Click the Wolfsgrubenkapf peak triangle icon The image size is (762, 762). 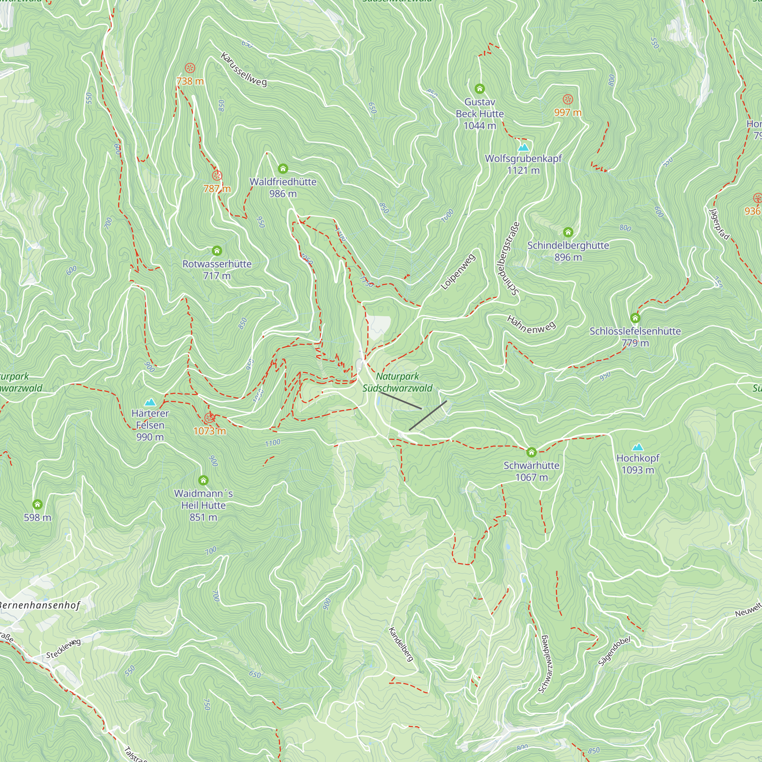523,147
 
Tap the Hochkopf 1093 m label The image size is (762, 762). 637,464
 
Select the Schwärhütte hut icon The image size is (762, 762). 531,452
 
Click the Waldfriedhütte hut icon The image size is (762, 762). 283,169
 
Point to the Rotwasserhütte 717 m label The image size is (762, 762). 217,269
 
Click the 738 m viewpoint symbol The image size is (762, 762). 190,68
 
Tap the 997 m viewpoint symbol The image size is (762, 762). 568,99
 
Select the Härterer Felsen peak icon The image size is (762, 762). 150,402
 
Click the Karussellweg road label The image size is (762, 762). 243,69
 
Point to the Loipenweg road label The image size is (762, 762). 458,272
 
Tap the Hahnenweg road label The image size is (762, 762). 531,324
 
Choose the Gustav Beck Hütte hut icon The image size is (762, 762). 480,89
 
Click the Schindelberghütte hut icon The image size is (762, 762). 568,232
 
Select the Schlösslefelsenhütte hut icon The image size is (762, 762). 635,318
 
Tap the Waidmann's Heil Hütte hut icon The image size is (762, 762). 203,480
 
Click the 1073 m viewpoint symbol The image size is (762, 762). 210,418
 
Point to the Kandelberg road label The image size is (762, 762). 401,644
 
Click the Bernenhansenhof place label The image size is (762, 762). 40,605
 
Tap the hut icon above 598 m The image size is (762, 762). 37,504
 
